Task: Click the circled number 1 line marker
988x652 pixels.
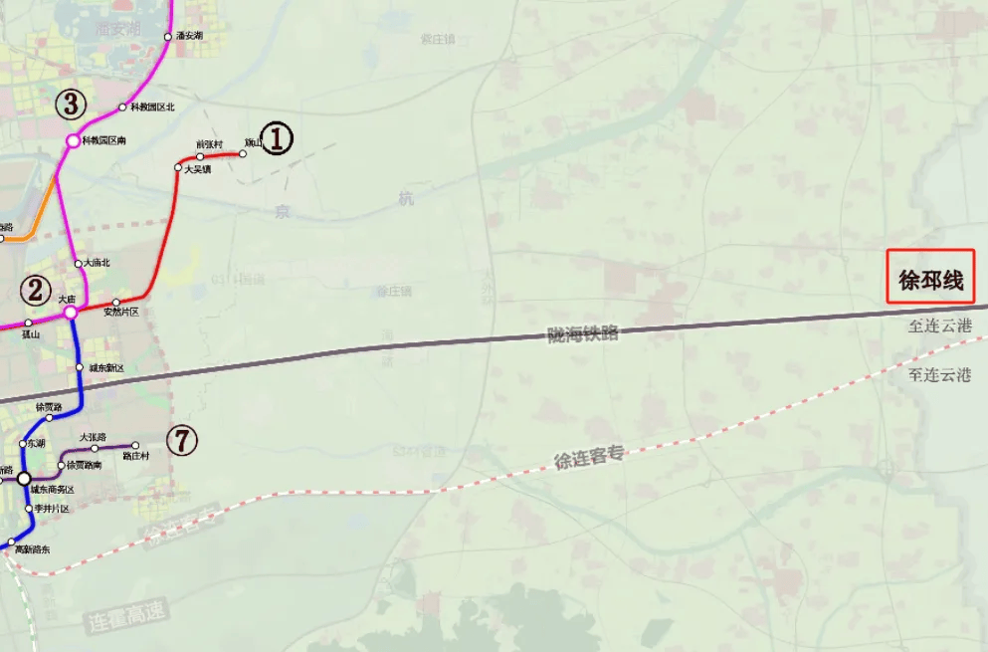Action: (x=277, y=138)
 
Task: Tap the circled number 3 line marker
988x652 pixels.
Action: (x=71, y=103)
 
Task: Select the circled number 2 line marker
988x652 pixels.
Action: (x=36, y=291)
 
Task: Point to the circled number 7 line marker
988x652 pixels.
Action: (x=181, y=440)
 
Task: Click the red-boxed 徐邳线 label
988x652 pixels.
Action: (x=931, y=281)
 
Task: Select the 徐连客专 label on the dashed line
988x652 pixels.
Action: (x=588, y=458)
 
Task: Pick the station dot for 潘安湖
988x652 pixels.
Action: (x=168, y=37)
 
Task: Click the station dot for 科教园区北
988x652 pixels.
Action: (x=122, y=108)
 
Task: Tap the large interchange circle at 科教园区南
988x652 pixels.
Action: (x=73, y=141)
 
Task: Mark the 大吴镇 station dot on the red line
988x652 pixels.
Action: (x=178, y=168)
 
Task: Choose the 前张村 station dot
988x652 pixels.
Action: (x=200, y=156)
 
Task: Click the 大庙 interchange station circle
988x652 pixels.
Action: (x=71, y=313)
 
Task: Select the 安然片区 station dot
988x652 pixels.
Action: (x=116, y=303)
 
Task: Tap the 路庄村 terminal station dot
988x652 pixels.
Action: (x=135, y=446)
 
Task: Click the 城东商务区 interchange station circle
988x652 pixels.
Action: (x=24, y=478)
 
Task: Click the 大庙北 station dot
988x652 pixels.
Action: (x=79, y=264)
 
